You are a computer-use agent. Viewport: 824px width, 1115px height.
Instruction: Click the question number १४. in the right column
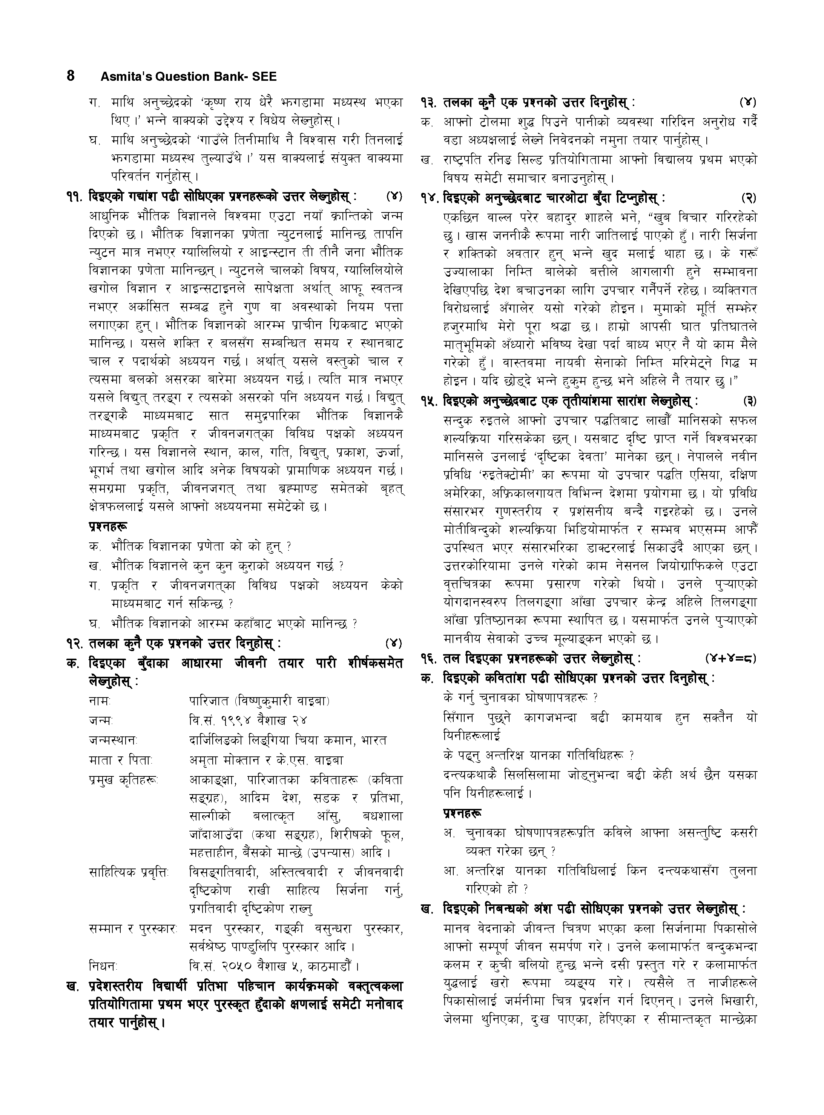(430, 198)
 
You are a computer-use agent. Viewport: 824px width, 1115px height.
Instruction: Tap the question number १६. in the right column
(430, 659)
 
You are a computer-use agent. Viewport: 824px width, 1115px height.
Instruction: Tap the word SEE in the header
(264, 77)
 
